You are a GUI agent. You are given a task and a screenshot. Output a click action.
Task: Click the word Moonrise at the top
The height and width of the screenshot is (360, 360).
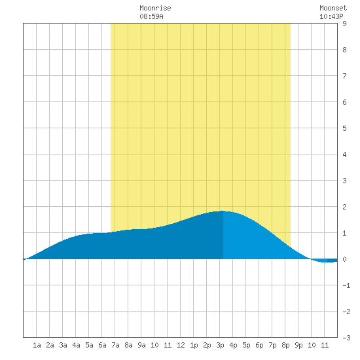click(x=155, y=8)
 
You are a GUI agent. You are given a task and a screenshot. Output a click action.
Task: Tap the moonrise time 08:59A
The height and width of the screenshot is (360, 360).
click(x=151, y=16)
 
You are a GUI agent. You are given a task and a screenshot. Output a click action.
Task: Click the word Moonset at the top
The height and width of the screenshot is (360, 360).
click(x=333, y=8)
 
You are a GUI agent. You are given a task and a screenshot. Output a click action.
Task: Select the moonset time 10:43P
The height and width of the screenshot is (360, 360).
click(x=331, y=16)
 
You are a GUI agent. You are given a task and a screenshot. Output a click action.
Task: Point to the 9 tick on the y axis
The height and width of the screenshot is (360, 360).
click(x=344, y=24)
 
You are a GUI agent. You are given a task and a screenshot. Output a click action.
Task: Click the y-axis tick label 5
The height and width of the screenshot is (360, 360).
click(x=344, y=128)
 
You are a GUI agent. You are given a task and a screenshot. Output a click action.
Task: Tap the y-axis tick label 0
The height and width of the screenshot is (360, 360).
click(x=344, y=259)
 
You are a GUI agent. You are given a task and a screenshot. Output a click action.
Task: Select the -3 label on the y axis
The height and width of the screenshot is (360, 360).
click(x=346, y=338)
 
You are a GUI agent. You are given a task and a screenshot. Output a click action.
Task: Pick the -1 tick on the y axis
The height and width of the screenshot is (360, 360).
click(x=346, y=285)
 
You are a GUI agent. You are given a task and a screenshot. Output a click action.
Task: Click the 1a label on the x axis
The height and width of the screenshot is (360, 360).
click(x=37, y=345)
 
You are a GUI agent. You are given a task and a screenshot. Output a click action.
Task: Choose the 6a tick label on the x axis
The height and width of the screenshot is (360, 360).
click(x=102, y=345)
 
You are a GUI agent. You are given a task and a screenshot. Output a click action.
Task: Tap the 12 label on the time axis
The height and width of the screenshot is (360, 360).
click(x=181, y=345)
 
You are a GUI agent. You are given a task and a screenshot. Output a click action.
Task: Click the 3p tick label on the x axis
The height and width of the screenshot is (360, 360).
click(x=220, y=346)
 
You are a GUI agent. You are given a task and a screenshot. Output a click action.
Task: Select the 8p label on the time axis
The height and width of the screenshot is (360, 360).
click(x=285, y=346)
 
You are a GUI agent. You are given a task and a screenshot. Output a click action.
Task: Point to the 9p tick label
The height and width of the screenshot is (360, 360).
click(x=298, y=346)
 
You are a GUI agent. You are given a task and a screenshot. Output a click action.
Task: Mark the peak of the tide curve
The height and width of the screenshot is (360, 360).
click(x=223, y=211)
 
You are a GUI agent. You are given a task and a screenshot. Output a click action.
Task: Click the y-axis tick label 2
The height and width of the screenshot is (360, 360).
click(x=344, y=207)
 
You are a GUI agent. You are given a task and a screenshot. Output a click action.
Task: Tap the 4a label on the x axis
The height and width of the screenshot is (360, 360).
click(x=76, y=345)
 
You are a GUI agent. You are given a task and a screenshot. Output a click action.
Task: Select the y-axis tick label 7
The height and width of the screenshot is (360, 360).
click(x=344, y=76)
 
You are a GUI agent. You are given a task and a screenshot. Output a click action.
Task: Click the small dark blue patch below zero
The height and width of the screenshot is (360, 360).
click(x=333, y=261)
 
